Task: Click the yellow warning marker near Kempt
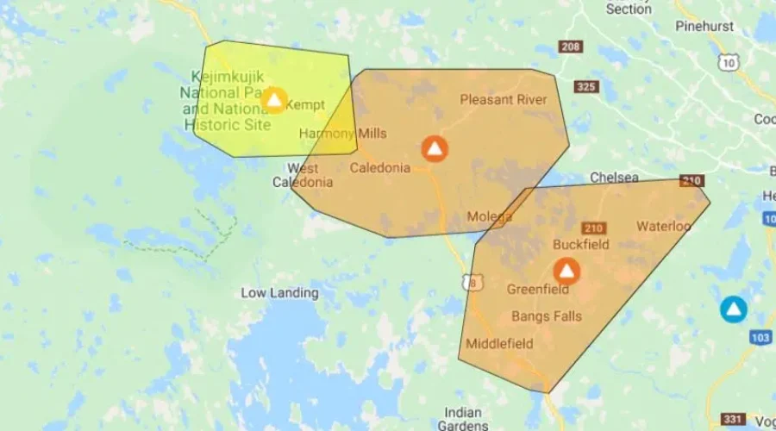(274, 100)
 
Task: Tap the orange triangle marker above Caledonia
(435, 148)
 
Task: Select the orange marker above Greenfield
(566, 272)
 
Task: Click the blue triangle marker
(734, 309)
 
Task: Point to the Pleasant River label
(504, 100)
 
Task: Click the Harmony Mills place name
(342, 134)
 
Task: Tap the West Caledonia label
(303, 175)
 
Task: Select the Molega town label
(489, 216)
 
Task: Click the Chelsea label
(614, 178)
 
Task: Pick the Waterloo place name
(664, 227)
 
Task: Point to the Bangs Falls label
(547, 316)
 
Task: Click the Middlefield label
(499, 344)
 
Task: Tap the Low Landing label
(279, 293)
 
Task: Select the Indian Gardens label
(463, 419)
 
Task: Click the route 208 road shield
(570, 47)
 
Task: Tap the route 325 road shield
(586, 86)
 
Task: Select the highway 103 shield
(760, 338)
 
